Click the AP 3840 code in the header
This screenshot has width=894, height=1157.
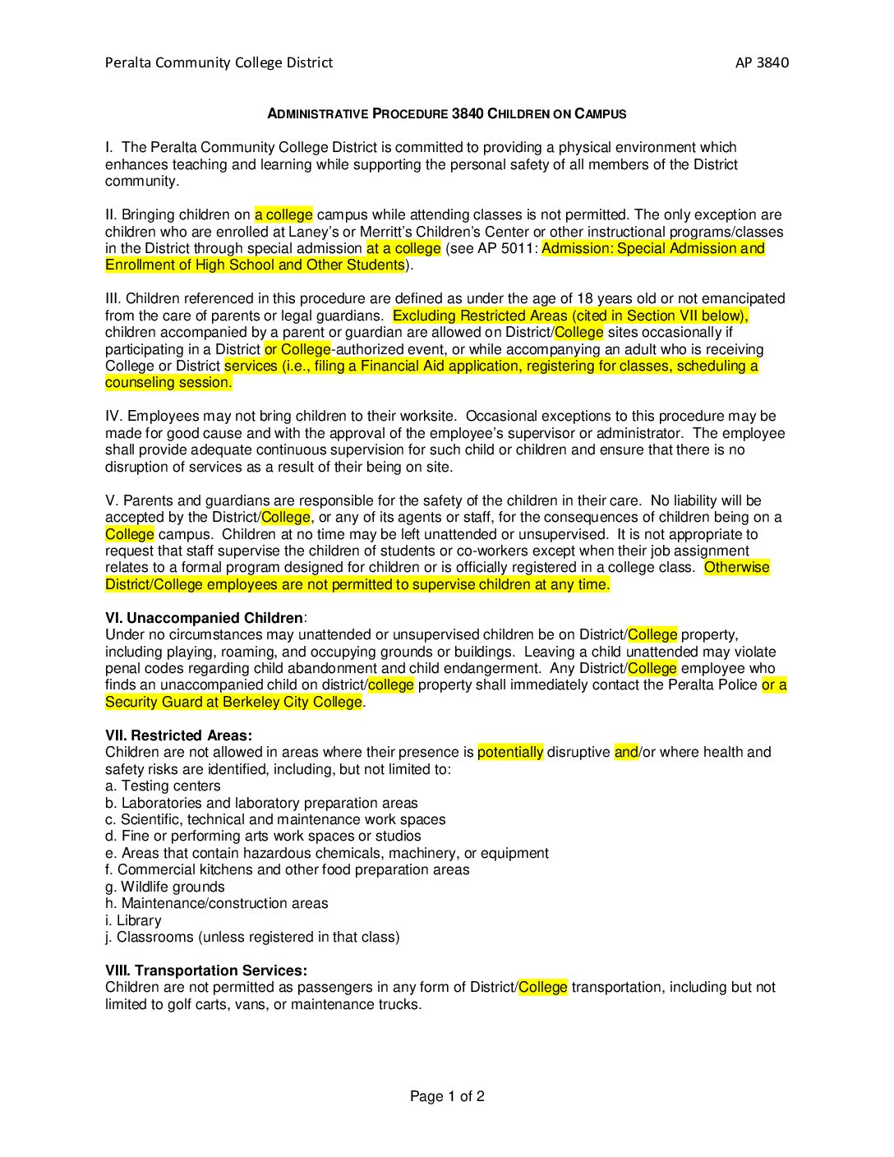pyautogui.click(x=762, y=62)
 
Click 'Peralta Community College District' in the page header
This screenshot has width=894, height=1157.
pyautogui.click(x=219, y=62)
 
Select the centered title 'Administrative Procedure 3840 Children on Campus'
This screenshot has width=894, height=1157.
pyautogui.click(x=447, y=113)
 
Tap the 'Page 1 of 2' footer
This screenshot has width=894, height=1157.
pyautogui.click(x=447, y=1096)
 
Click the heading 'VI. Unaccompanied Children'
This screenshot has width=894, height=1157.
pyautogui.click(x=205, y=618)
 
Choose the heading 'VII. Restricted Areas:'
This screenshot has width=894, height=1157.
pyautogui.click(x=178, y=735)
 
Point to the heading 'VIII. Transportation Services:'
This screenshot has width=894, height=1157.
pyautogui.click(x=206, y=970)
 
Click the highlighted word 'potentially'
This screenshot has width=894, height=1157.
pyautogui.click(x=510, y=752)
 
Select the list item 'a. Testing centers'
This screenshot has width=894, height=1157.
pyautogui.click(x=163, y=786)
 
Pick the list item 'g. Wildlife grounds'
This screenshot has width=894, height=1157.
pyautogui.click(x=164, y=887)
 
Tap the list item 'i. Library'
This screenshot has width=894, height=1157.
pyautogui.click(x=133, y=920)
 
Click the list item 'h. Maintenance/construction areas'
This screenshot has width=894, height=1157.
pyautogui.click(x=216, y=903)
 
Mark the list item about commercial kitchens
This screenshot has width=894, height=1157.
pyautogui.click(x=288, y=869)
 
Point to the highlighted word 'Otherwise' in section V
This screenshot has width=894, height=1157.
pyautogui.click(x=737, y=567)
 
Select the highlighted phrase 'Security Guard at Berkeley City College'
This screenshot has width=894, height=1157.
pyautogui.click(x=233, y=702)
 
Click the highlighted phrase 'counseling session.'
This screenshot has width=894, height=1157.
pyautogui.click(x=168, y=382)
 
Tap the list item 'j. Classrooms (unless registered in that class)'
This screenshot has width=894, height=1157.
pyautogui.click(x=252, y=937)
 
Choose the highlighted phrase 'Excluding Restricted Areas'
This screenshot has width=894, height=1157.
pyautogui.click(x=480, y=316)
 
